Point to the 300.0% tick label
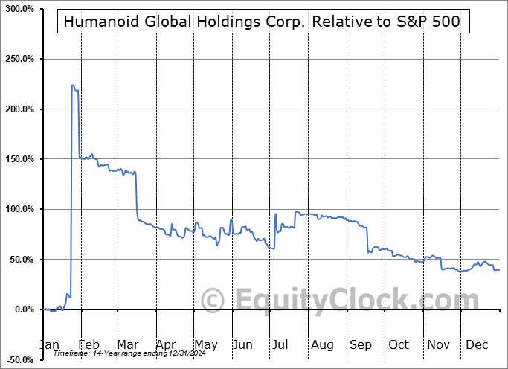19,8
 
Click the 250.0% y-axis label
19,59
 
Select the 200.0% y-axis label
19,109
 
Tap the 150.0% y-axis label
19,159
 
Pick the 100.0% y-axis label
19,209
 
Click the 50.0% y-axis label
21,260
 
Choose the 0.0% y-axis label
23,309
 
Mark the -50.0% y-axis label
19,360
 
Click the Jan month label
51,344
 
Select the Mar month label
128,344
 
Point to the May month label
205,344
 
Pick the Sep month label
361,344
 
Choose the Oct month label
399,344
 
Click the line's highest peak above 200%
72,86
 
